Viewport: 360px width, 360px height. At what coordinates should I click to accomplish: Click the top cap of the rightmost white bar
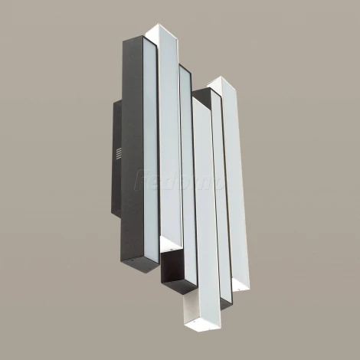221,82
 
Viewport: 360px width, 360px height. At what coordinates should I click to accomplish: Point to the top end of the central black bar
185,68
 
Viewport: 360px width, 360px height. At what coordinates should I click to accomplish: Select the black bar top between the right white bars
205,93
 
